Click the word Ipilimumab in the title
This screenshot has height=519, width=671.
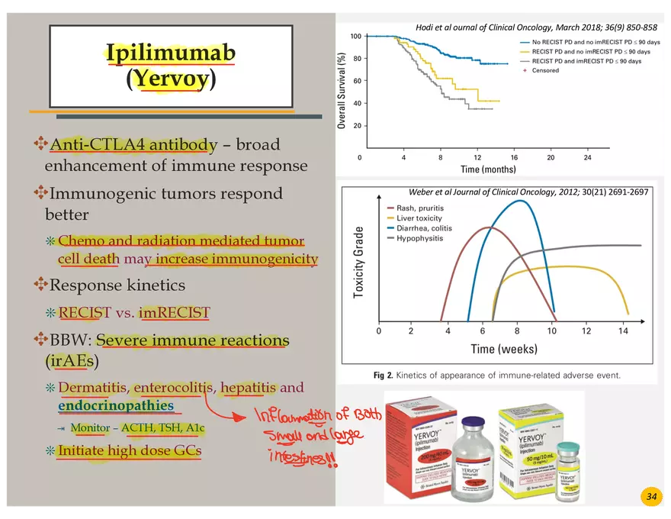click(x=170, y=53)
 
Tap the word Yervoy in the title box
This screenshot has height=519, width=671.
click(x=170, y=79)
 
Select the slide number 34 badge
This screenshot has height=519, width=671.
click(x=651, y=497)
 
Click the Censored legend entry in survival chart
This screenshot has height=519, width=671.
click(x=545, y=70)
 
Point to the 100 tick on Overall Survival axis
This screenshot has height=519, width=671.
click(x=355, y=37)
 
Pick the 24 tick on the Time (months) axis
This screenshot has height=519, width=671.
click(x=587, y=157)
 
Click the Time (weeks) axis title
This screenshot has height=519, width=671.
click(x=503, y=350)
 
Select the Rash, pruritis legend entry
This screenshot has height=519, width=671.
click(x=420, y=208)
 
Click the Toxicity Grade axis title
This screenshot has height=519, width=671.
click(x=359, y=260)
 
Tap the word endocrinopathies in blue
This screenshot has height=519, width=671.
click(x=115, y=406)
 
